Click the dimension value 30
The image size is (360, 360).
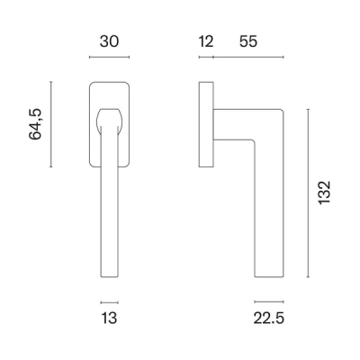point(109,41)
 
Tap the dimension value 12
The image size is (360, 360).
point(206,41)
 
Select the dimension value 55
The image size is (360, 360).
point(248,41)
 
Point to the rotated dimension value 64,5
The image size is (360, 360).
point(35,124)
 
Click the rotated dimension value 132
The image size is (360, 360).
point(324,193)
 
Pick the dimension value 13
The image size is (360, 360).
point(109,318)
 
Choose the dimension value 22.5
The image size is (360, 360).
point(269,318)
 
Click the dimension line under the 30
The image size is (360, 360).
point(109,57)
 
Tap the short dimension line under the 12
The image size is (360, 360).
point(206,57)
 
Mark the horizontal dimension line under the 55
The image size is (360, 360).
point(248,57)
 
